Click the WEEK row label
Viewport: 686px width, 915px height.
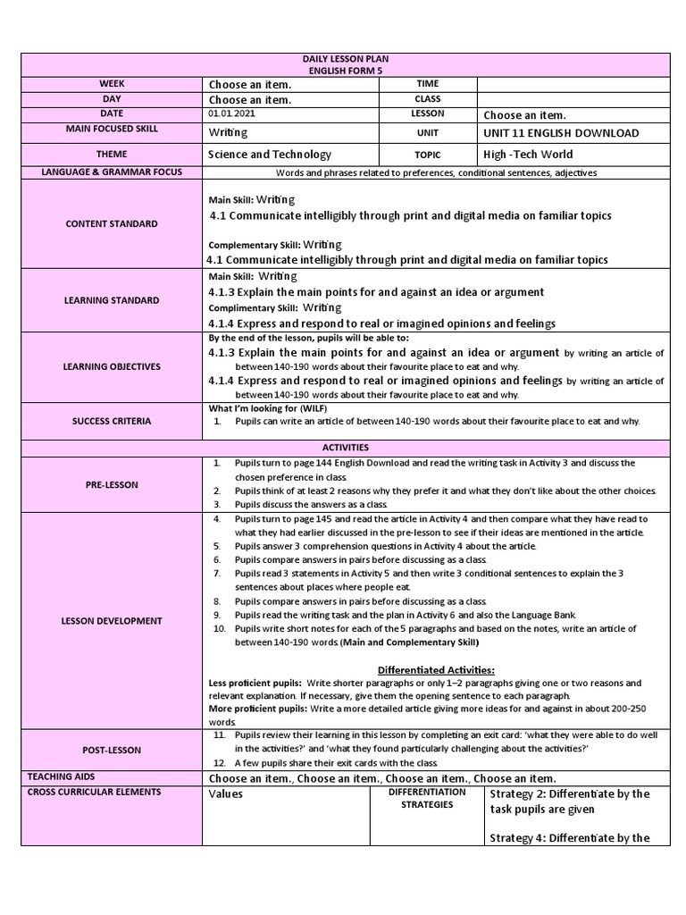tap(112, 83)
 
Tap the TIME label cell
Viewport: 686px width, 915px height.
tap(427, 83)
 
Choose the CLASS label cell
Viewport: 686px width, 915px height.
tap(427, 99)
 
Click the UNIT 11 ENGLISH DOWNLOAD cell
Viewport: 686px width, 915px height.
tap(561, 133)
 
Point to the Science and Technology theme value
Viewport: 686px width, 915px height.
tap(269, 155)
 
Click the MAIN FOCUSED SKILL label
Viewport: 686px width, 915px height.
tap(112, 130)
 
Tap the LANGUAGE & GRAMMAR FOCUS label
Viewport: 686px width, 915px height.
tap(112, 172)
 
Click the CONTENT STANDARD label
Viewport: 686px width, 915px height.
tap(112, 224)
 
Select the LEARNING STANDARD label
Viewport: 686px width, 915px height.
tap(112, 300)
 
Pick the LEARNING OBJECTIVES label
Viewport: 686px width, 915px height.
tap(112, 367)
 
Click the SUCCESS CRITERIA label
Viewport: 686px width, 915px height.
tap(112, 420)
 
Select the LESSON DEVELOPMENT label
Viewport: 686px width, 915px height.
tap(112, 620)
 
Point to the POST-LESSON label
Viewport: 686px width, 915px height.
tap(112, 750)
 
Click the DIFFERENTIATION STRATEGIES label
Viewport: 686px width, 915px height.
tap(427, 798)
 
